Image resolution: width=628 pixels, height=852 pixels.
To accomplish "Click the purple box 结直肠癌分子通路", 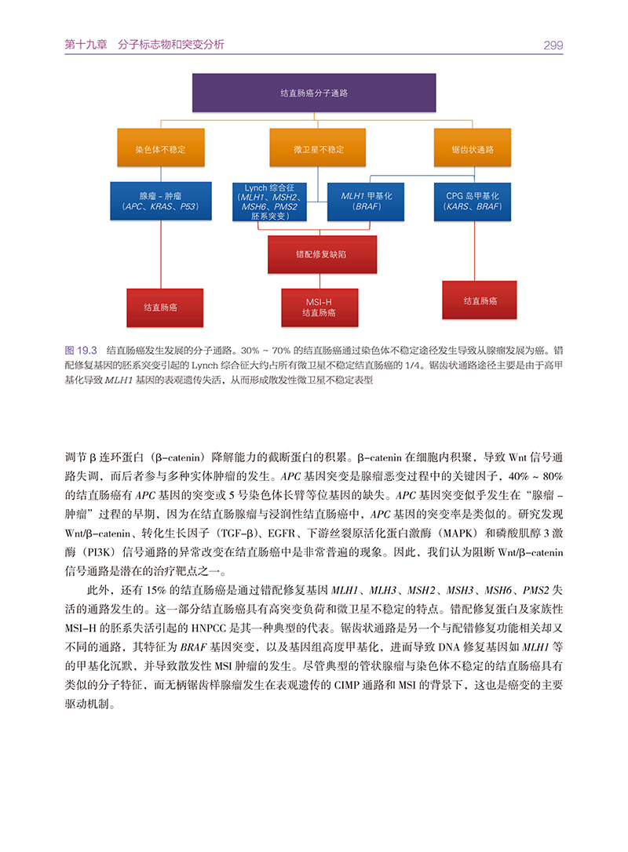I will [x=314, y=93].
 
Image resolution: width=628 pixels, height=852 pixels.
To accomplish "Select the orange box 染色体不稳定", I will [x=160, y=148].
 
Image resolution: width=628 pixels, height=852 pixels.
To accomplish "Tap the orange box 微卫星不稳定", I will [x=318, y=148].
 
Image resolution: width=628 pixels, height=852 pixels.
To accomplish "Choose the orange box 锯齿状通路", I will [x=473, y=148].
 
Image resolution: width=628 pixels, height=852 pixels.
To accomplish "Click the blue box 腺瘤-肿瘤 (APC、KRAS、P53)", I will [x=160, y=201].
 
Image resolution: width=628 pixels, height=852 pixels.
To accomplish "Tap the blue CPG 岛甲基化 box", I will [x=473, y=201].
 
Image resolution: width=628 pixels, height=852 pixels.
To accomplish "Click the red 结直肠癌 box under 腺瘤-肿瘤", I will [x=160, y=308].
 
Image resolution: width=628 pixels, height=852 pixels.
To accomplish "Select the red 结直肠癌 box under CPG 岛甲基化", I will [x=480, y=300].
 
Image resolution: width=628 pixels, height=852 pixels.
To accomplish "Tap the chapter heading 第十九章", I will [x=85, y=46].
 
